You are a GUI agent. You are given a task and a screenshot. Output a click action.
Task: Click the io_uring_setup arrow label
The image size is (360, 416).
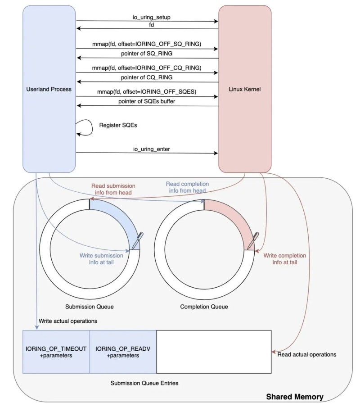[147, 17]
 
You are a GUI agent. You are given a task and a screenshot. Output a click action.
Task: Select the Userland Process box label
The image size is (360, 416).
[49, 89]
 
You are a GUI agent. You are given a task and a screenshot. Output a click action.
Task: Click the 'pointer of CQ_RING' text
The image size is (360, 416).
[147, 77]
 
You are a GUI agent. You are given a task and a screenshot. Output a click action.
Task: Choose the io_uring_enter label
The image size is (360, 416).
[147, 149]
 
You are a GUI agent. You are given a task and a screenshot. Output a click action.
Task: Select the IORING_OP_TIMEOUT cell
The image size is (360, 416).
[56, 352]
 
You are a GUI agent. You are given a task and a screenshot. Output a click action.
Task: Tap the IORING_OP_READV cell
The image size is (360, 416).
[123, 352]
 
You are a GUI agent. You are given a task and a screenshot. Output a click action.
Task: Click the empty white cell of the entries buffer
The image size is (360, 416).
[214, 352]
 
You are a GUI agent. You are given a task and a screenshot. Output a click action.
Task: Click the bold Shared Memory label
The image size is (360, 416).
[294, 397]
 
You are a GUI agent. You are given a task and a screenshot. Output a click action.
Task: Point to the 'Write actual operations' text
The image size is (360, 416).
[68, 321]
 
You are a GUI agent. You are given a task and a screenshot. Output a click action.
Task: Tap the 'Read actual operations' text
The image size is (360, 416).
[307, 354]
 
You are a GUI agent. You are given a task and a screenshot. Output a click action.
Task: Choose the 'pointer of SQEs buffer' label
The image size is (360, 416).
[147, 101]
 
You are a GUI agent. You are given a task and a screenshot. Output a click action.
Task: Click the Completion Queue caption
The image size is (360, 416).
[204, 307]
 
